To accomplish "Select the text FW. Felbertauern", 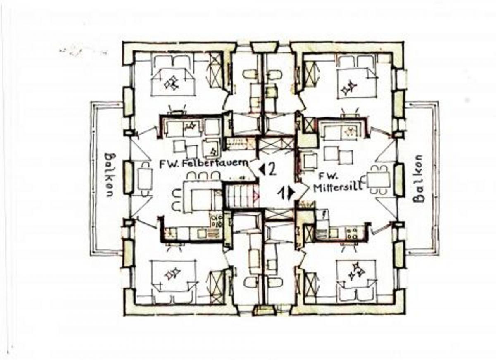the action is coord(204,164).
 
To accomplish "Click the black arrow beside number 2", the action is coord(262,170).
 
